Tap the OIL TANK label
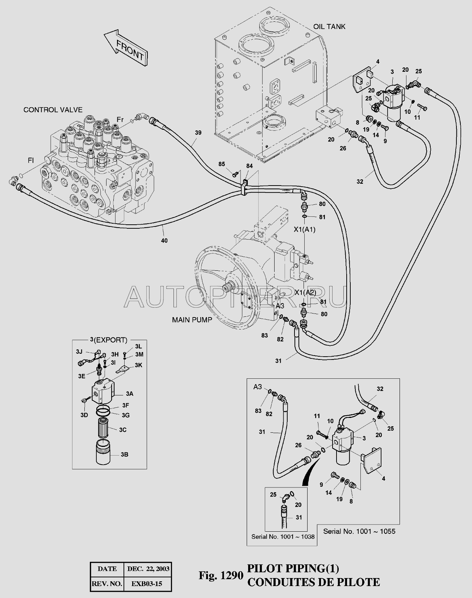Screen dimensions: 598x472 [x=329, y=26]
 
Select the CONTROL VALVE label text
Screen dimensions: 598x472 [x=53, y=109]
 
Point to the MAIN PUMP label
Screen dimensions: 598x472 [x=192, y=320]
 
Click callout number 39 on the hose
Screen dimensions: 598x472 [x=198, y=133]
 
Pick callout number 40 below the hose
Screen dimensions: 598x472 [x=164, y=240]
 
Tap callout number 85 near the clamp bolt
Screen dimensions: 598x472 [x=222, y=164]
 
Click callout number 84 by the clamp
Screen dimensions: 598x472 [x=249, y=166]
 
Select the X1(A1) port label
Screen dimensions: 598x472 [x=305, y=229]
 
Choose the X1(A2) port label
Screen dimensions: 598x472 [x=305, y=292]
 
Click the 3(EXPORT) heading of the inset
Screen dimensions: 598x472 [x=109, y=340]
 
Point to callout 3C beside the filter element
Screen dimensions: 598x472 [x=122, y=429]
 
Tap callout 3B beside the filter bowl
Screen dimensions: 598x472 [x=124, y=454]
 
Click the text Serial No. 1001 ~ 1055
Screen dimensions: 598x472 [x=359, y=531]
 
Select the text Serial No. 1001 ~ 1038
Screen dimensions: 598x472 [x=283, y=537]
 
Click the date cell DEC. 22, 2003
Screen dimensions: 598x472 [x=148, y=569]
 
